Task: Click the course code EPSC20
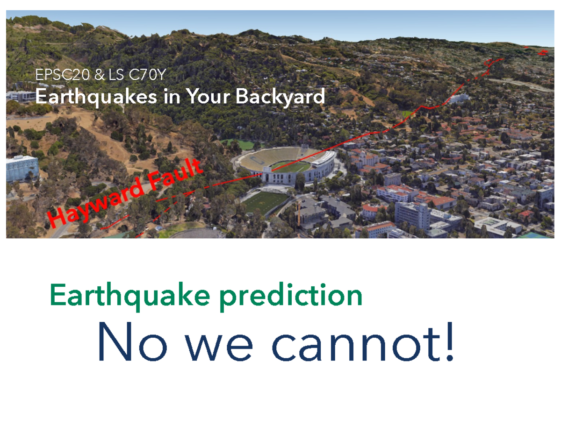[x=63, y=75]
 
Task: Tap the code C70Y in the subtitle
[x=147, y=75]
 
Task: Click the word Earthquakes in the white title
[x=96, y=97]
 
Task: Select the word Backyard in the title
[x=280, y=97]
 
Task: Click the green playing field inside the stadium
[x=291, y=167]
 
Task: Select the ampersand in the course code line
[x=100, y=75]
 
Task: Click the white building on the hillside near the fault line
[x=459, y=98]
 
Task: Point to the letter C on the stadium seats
[x=258, y=161]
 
